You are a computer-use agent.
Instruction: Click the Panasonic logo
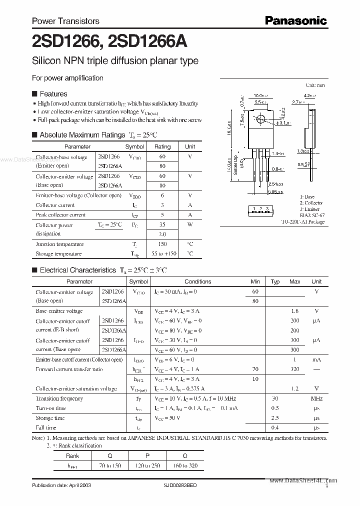pos(296,20)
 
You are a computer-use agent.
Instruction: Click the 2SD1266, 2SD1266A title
pos(109,42)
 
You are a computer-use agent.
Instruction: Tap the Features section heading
pos(53,93)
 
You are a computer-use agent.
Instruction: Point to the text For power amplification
pos(67,78)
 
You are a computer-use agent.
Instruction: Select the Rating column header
pos(162,147)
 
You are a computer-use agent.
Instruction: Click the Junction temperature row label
pos(59,244)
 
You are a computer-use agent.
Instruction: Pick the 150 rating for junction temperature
pos(162,244)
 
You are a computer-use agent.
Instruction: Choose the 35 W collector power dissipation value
pos(162,225)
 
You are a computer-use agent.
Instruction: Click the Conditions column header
pos(198,281)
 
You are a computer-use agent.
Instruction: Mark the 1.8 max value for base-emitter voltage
pos(294,311)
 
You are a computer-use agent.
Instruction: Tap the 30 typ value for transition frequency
pos(274,398)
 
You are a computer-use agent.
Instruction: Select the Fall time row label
pos(46,427)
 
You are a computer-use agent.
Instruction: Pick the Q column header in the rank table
pos(109,456)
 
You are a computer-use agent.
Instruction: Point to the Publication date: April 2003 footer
pos(61,485)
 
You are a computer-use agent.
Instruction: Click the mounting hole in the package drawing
pos(259,120)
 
